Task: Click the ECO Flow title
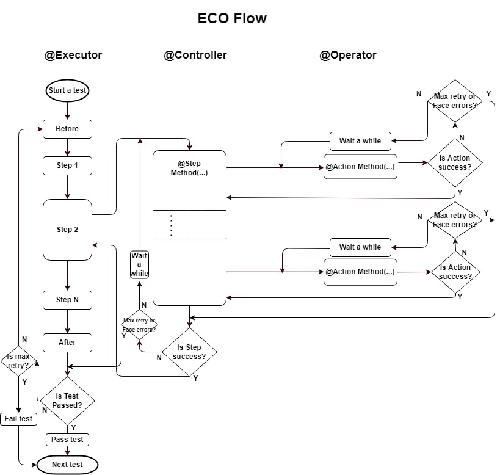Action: click(x=232, y=18)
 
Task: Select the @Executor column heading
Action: click(x=73, y=55)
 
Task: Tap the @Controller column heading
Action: click(x=195, y=55)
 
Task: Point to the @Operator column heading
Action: click(x=348, y=55)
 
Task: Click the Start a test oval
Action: click(x=67, y=91)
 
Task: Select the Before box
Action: click(x=67, y=129)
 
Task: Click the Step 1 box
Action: click(x=67, y=165)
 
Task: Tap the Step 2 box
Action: click(x=67, y=230)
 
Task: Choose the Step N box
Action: click(x=67, y=300)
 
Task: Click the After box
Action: click(x=67, y=343)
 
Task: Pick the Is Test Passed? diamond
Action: click(x=67, y=401)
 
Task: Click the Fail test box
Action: click(x=18, y=419)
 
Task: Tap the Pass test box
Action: click(x=67, y=440)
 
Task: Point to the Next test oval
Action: click(x=67, y=465)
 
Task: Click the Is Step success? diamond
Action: click(x=189, y=352)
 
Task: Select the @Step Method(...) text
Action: click(x=189, y=169)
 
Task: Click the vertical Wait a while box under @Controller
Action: click(x=140, y=264)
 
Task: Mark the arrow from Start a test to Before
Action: click(x=67, y=110)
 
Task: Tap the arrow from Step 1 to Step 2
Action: click(x=67, y=187)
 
